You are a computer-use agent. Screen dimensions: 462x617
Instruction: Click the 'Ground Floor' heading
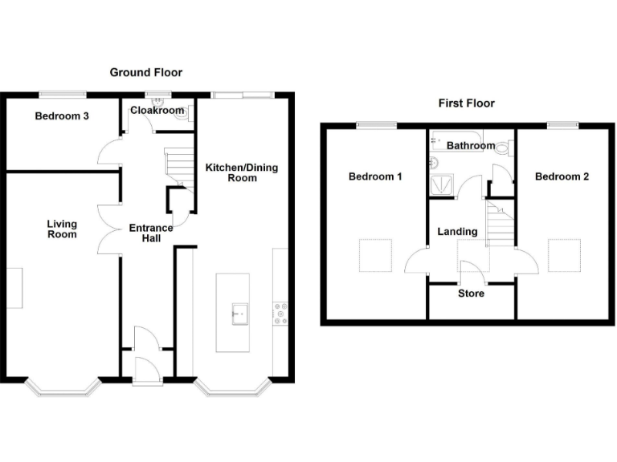coord(145,73)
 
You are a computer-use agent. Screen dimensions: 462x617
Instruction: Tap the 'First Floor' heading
coord(466,103)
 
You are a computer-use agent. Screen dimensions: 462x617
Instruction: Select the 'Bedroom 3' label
coord(62,116)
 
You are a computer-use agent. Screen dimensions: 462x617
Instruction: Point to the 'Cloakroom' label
coord(157,111)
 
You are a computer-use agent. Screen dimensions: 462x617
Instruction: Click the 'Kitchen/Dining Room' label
coord(231,172)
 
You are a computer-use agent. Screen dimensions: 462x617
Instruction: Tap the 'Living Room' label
coord(62,229)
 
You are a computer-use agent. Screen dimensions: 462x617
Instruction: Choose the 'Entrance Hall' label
coord(151,233)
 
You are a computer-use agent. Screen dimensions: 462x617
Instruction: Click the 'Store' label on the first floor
coord(471,294)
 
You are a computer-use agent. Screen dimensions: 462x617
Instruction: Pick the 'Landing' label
coord(457,232)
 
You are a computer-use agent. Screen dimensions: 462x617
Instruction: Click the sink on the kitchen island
coord(239,312)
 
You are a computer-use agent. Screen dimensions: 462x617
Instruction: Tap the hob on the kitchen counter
coord(281,312)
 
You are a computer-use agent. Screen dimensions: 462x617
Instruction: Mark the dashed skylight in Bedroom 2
coord(562,255)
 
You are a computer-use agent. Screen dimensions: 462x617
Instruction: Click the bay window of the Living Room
coord(62,391)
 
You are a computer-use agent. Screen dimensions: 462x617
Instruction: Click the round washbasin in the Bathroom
coord(434,163)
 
